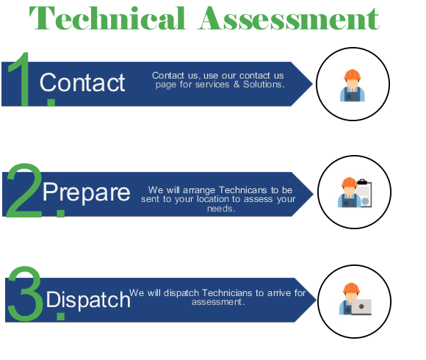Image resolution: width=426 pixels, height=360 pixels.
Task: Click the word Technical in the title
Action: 107,18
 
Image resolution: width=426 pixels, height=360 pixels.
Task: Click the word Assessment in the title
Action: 289,18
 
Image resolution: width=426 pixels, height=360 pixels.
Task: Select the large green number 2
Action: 24,190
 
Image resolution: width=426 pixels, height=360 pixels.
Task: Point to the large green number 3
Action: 25,293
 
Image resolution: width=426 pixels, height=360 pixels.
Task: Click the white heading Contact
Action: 82,82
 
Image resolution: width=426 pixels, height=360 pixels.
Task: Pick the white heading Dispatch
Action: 88,300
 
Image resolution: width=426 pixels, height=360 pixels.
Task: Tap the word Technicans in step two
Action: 242,190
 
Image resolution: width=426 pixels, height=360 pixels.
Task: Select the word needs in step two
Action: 220,209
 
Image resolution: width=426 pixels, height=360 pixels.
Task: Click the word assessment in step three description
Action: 217,302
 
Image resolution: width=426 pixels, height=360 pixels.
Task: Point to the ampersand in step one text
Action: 237,84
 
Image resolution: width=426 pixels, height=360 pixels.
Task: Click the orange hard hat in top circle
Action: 353,75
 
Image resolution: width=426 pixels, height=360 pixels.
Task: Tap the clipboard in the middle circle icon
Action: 364,193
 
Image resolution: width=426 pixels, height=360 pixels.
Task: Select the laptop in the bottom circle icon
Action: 361,307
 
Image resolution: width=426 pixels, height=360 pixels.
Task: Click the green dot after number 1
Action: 51,102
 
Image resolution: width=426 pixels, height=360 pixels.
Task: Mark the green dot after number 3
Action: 60,317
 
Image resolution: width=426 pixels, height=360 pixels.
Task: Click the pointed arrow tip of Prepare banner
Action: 313,194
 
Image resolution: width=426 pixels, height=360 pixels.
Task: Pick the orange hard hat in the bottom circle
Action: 351,288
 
